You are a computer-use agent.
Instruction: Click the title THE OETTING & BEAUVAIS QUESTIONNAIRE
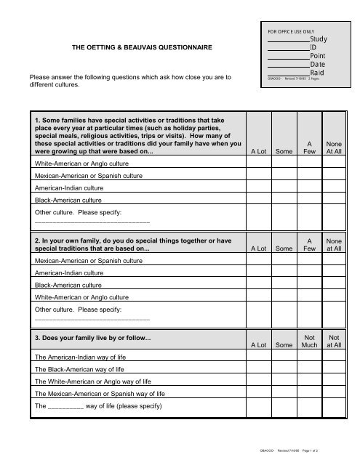click(x=141, y=47)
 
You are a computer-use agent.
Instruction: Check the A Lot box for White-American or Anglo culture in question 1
click(x=261, y=164)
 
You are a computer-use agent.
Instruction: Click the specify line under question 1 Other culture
click(x=92, y=221)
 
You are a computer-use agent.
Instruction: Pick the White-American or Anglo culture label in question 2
click(x=82, y=296)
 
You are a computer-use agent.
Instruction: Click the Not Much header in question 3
click(x=313, y=341)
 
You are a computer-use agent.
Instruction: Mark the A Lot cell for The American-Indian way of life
click(x=261, y=358)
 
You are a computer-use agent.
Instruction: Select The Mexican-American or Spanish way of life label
click(x=100, y=394)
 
